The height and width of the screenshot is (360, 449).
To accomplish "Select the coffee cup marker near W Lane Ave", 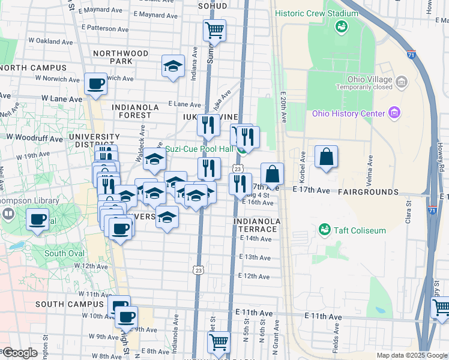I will [95, 84].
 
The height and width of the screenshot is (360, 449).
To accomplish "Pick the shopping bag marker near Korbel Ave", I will [325, 157].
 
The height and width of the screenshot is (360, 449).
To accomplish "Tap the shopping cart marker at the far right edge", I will [441, 308].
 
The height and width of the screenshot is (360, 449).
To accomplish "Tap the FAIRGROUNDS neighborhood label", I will [367, 192].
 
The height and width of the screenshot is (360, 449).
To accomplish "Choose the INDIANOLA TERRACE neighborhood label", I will [257, 226].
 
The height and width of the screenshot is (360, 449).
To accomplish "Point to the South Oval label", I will [64, 254].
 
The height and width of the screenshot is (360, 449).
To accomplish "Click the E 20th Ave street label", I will [282, 108].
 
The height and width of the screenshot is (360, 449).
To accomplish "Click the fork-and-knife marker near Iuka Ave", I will [208, 125].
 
